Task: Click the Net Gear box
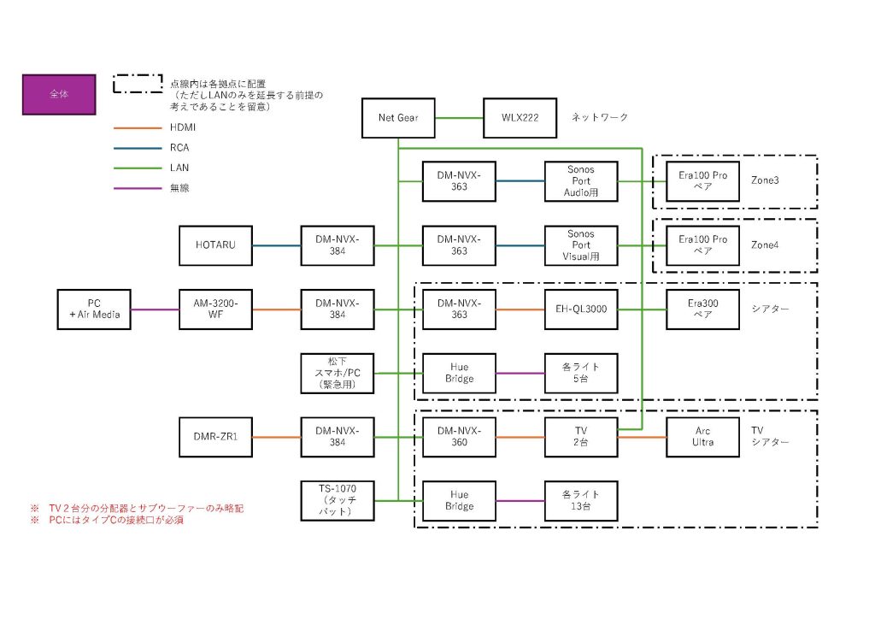pos(399,117)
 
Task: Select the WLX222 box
pos(520,117)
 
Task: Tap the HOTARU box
pos(215,245)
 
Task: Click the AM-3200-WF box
pos(215,309)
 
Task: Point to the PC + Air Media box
pos(94,309)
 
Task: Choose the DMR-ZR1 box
pos(215,437)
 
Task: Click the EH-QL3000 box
pos(580,309)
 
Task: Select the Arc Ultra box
pos(702,437)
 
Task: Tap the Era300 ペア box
pos(702,309)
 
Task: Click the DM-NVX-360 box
pos(459,437)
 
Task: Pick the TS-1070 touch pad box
pos(337,501)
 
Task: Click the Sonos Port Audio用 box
pos(580,181)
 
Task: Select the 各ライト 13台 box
pos(580,501)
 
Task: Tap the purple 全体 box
pos(58,94)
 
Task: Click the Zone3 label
pos(765,181)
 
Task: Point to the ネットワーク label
pos(600,117)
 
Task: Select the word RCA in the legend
pos(179,148)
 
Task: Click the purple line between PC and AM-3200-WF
pos(155,309)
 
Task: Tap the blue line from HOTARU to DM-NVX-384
pos(276,245)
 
